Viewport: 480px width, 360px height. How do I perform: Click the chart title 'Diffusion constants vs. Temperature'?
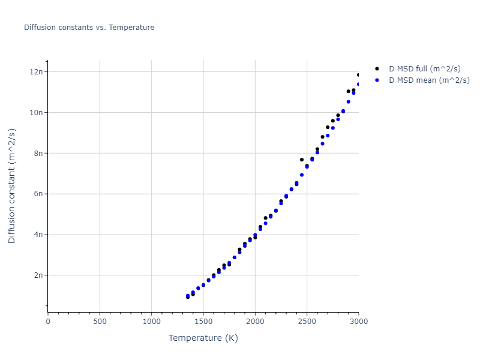click(x=89, y=28)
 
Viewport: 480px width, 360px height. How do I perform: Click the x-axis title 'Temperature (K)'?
click(x=203, y=338)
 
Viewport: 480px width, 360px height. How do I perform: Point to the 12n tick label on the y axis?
click(x=36, y=72)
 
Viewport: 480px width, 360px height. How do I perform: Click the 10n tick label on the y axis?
click(x=36, y=113)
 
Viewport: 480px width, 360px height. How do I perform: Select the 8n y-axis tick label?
click(x=38, y=153)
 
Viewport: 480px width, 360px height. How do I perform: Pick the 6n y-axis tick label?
click(x=38, y=194)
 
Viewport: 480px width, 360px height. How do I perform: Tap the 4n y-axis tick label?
click(x=38, y=235)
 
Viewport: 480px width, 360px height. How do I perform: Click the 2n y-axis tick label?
click(x=38, y=275)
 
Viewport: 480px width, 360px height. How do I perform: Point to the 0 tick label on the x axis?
click(x=48, y=322)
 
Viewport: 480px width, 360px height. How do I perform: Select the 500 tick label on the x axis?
click(x=100, y=322)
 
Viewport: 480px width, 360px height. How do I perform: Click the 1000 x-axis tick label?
click(x=151, y=322)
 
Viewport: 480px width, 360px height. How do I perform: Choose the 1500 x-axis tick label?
click(x=203, y=322)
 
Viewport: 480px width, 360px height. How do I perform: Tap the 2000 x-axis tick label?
click(x=255, y=322)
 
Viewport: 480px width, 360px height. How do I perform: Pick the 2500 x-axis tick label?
click(x=307, y=322)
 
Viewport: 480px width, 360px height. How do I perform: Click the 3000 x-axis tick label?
click(x=358, y=322)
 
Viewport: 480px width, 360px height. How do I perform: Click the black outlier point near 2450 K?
click(x=302, y=160)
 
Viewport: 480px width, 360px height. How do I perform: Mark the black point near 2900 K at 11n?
click(x=348, y=91)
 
